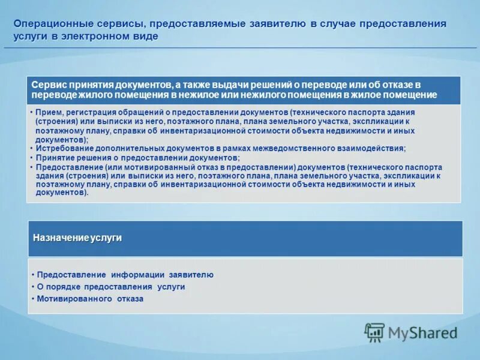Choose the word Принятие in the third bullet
pyautogui.click(x=54, y=158)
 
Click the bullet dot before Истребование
pyautogui.click(x=31, y=148)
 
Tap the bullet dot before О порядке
pyautogui.click(x=32, y=287)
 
